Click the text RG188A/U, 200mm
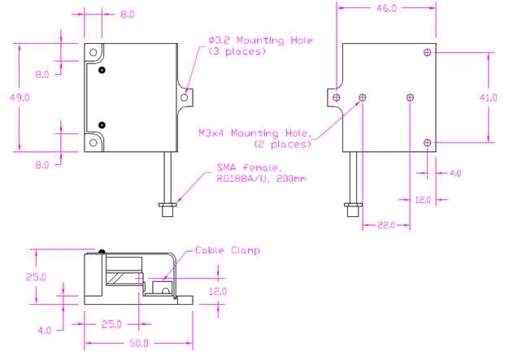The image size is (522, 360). point(261,179)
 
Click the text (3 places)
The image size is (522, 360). point(237,51)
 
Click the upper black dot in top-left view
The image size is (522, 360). point(102,71)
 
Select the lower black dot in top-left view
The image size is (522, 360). point(102,124)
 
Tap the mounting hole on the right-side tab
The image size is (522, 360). point(185,96)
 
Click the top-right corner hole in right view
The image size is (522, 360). point(428,53)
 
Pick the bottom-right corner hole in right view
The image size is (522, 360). point(428,143)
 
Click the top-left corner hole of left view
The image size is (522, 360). point(94,53)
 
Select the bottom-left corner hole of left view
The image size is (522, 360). point(94,143)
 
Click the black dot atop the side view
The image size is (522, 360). point(102,251)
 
